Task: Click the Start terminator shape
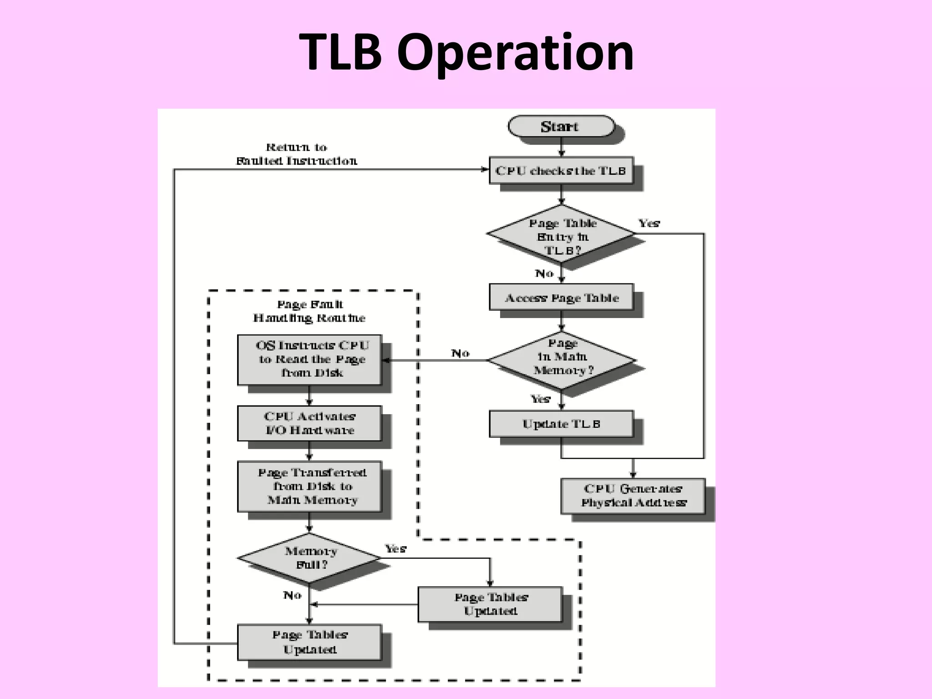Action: (x=561, y=126)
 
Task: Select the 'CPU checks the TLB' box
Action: (x=561, y=171)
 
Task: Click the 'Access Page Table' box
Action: (x=561, y=298)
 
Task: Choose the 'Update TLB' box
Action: (x=561, y=424)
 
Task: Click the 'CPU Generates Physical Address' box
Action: (x=633, y=496)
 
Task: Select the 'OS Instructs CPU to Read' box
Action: (x=309, y=360)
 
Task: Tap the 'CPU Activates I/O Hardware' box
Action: (x=309, y=423)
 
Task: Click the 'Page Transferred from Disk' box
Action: (x=309, y=486)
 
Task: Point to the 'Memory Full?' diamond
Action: (x=309, y=558)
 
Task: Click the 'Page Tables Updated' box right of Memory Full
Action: (x=490, y=604)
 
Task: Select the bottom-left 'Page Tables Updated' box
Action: (x=309, y=642)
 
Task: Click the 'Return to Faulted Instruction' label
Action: (x=296, y=154)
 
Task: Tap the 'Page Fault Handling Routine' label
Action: (x=309, y=311)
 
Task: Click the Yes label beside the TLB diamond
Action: (x=649, y=223)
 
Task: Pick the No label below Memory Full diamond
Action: (x=292, y=595)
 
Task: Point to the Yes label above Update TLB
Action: (x=541, y=399)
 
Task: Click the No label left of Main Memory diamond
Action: (x=460, y=353)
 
